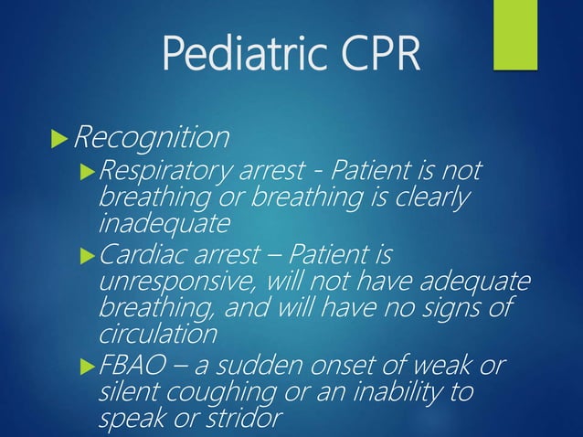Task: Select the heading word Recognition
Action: click(x=151, y=138)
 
